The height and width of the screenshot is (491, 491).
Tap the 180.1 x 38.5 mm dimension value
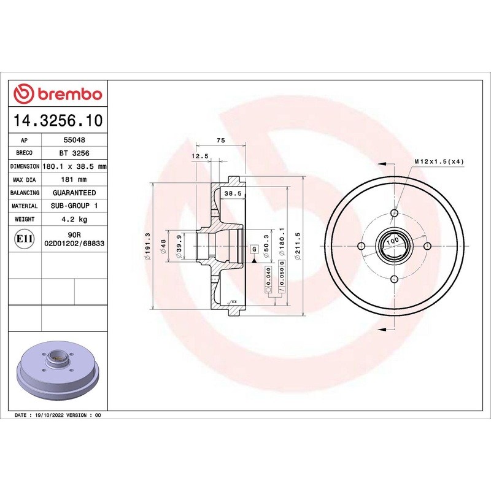tap(74, 166)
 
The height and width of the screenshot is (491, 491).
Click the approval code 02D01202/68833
tap(74, 243)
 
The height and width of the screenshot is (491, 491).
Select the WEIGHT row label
tap(25, 219)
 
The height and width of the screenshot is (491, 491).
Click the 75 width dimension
tap(221, 141)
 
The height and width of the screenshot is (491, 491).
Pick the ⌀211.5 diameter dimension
tap(298, 246)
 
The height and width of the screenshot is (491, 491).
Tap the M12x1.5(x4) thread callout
tap(439, 161)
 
